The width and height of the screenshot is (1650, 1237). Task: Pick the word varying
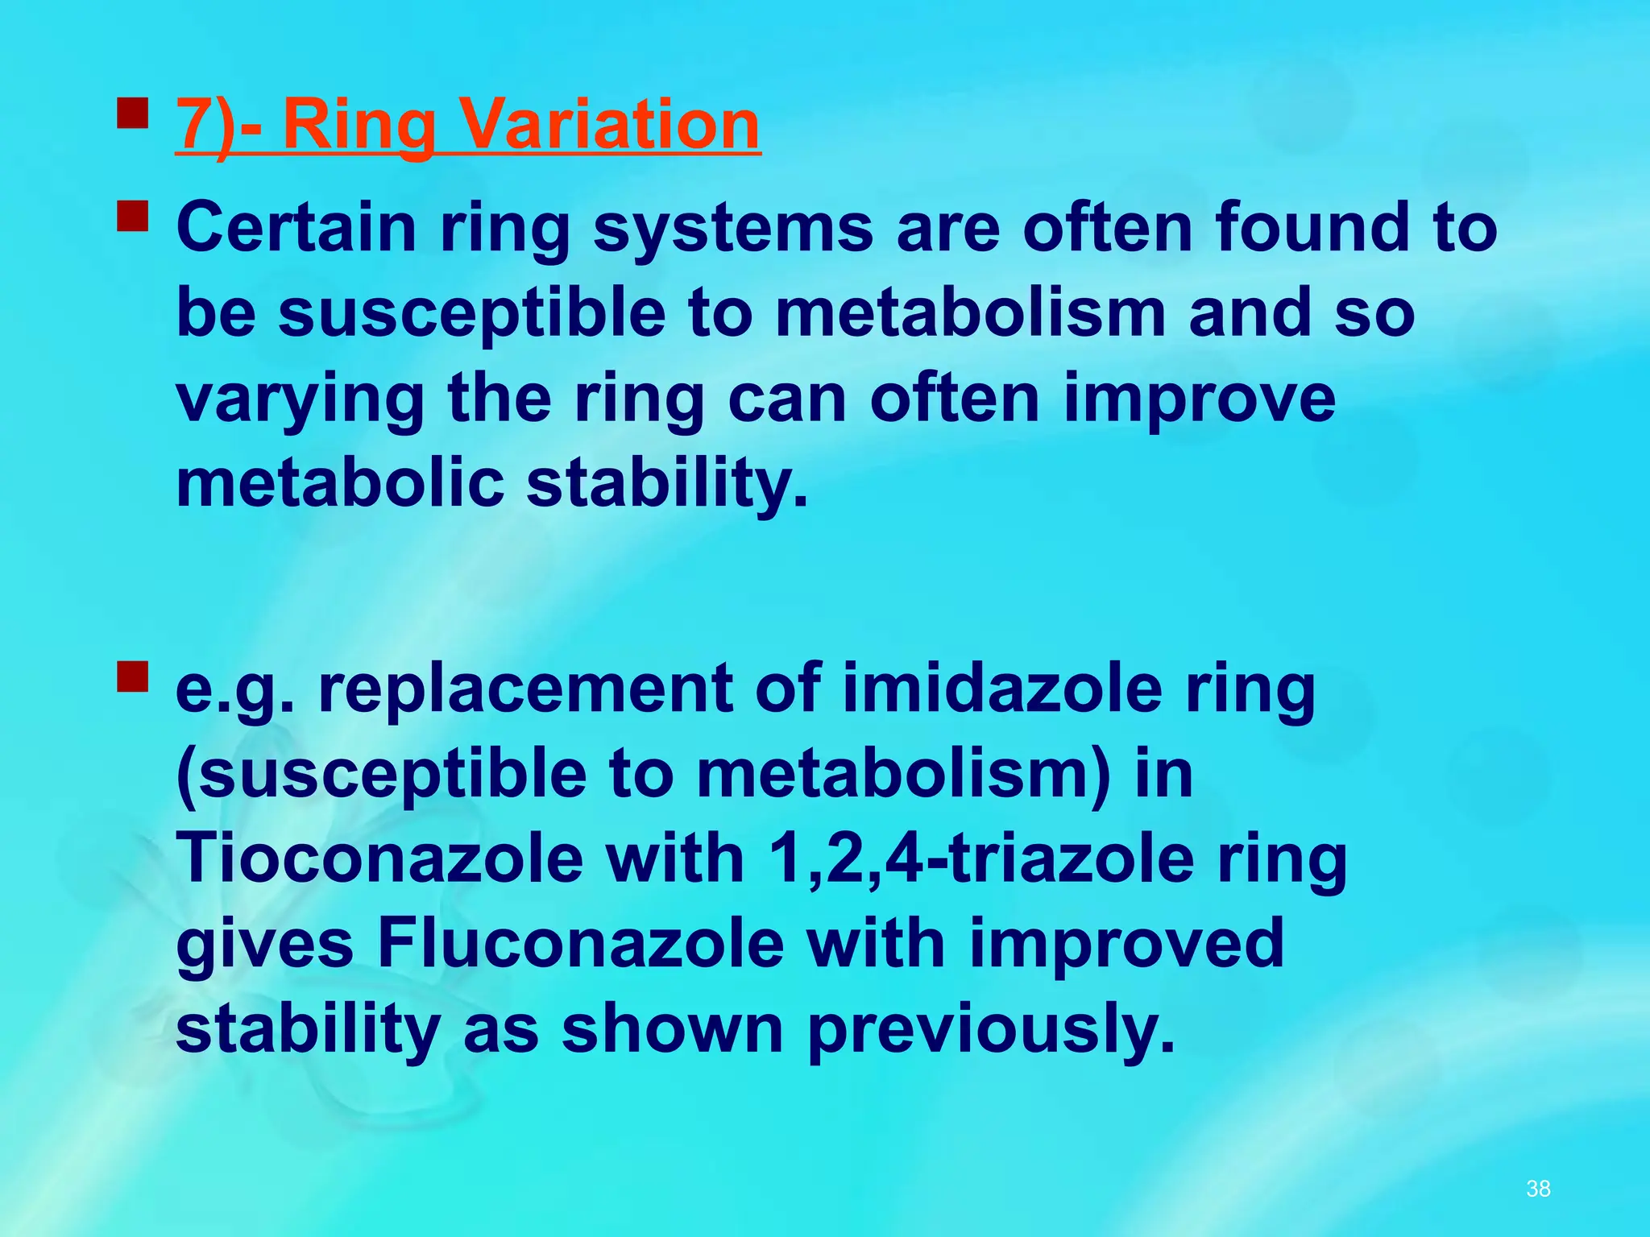pyautogui.click(x=300, y=400)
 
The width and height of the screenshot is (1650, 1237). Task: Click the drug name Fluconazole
pyautogui.click(x=581, y=944)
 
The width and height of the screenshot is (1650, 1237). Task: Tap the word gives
pyautogui.click(x=265, y=945)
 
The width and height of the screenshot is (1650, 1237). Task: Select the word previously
pyautogui.click(x=991, y=1031)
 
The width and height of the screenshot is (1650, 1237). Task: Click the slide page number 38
pyautogui.click(x=1538, y=1189)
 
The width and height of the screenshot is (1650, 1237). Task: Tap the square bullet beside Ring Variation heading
pyautogui.click(x=133, y=114)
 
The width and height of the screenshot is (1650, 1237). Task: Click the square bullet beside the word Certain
pyautogui.click(x=133, y=216)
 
